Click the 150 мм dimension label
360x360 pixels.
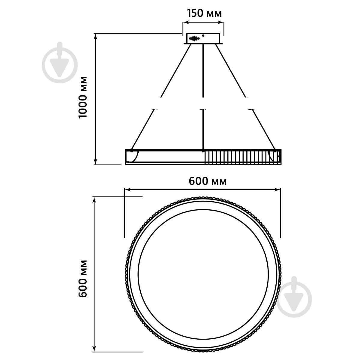204,13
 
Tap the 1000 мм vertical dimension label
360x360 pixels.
83,97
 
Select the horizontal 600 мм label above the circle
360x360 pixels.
208,181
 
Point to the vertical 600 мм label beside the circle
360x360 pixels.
83,279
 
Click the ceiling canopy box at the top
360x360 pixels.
203,39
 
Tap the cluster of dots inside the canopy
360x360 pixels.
194,38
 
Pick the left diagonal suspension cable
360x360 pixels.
161,97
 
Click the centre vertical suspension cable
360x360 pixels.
203,97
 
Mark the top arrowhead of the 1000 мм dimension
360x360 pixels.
96,36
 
